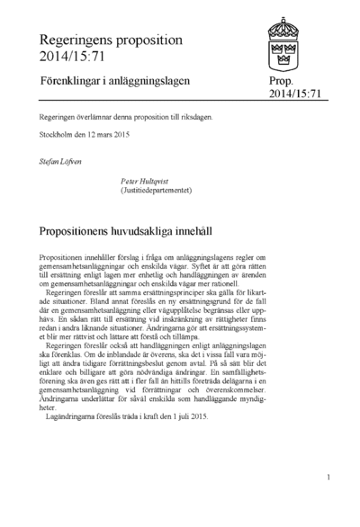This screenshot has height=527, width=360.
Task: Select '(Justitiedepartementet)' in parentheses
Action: click(x=164, y=190)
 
